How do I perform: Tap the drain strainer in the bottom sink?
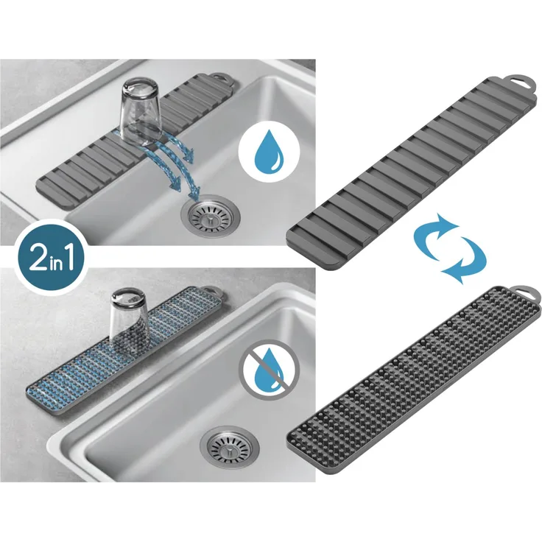click(229, 446)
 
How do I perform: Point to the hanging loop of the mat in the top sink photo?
click(220, 78)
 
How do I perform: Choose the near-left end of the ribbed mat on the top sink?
click(41, 187)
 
